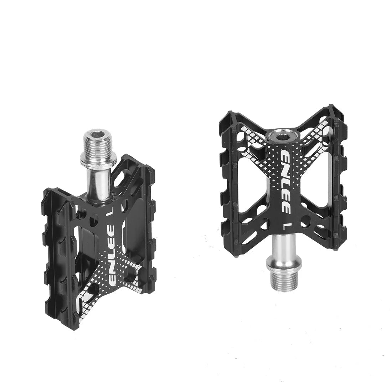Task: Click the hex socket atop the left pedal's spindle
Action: [93, 135]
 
